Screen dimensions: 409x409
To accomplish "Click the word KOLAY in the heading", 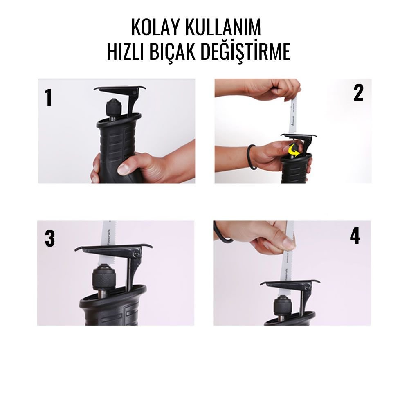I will [156, 27].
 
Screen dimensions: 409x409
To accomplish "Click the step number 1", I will [49, 98].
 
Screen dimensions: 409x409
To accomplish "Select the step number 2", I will [358, 93].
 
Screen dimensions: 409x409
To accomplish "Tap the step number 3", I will [49, 239].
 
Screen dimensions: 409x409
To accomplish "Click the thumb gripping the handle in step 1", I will [127, 167].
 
